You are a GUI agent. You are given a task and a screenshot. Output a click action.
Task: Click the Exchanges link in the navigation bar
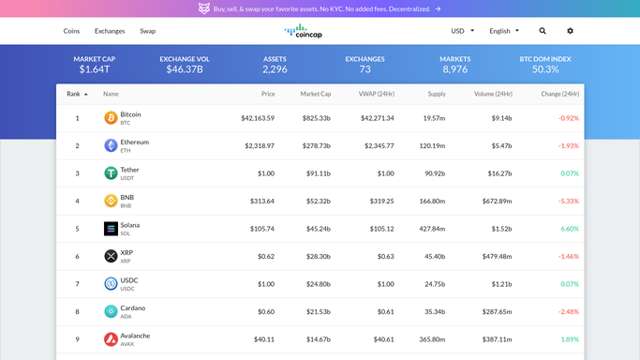(110, 31)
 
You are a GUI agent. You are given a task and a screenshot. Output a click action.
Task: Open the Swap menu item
(147, 31)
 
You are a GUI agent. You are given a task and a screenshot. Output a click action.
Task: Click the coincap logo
(304, 31)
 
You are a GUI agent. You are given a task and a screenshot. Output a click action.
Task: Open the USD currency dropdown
(463, 31)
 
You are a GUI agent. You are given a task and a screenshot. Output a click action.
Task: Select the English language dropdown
(504, 31)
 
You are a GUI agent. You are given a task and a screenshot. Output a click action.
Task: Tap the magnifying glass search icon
(543, 31)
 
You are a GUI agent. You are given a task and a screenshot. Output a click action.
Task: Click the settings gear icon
(571, 31)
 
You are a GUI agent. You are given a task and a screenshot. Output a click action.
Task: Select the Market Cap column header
(316, 94)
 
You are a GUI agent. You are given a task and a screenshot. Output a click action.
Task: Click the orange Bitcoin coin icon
(111, 118)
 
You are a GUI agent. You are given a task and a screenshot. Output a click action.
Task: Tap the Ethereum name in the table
(135, 142)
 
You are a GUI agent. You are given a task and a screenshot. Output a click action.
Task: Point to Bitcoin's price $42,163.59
(258, 118)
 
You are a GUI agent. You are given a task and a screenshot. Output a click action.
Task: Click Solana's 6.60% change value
(570, 229)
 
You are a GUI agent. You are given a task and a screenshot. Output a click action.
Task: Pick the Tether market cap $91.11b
(319, 173)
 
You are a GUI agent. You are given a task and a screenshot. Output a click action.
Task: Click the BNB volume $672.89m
(497, 202)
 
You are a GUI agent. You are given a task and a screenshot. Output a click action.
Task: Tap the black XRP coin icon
(111, 256)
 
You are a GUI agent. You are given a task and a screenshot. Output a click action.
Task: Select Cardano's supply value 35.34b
(435, 312)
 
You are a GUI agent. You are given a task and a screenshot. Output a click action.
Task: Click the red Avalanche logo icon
(111, 339)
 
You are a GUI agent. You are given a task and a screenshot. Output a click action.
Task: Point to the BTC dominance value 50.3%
(545, 69)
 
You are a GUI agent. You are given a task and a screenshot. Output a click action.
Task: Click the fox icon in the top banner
(204, 8)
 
